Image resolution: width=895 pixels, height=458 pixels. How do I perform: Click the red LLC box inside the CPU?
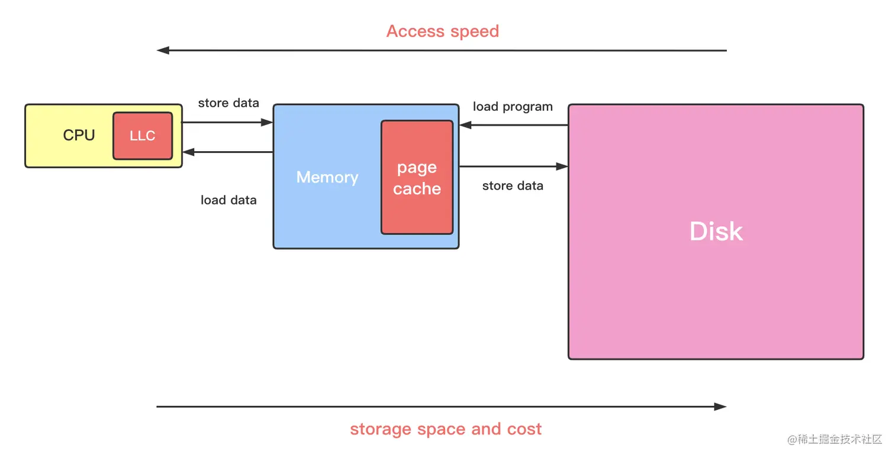pos(143,136)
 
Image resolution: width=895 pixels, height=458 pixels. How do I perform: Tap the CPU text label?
pos(79,135)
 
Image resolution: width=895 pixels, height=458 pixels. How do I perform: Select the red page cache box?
pos(417,177)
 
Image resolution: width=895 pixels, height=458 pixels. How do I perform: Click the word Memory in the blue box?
pos(327,177)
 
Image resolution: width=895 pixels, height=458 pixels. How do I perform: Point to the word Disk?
pos(716,231)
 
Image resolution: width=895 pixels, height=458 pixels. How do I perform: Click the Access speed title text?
pos(443,31)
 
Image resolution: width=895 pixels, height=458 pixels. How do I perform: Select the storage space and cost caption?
pos(446,429)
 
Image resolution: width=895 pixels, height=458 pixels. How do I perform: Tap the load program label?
pos(513,107)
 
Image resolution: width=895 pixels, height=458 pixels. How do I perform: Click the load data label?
pos(228,200)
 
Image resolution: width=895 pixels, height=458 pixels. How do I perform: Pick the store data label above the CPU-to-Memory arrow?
pos(228,103)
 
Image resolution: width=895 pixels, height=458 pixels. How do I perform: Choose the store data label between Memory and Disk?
pos(513,186)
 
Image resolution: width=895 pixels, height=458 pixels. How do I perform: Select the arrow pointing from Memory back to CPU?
pos(228,152)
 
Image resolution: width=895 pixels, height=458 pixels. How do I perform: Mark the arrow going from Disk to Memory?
pos(514,125)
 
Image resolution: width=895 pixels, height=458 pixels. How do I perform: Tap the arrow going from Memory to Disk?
pos(514,166)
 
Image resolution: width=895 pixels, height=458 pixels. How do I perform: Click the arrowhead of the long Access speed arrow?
pos(162,50)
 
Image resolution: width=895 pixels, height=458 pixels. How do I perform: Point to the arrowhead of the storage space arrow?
pos(720,407)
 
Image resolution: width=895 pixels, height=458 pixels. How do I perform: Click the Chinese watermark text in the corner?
pos(835,439)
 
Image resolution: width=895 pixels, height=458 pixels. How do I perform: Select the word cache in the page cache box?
pos(417,189)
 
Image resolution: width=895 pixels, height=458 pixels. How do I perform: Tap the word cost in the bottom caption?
pos(524,429)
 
